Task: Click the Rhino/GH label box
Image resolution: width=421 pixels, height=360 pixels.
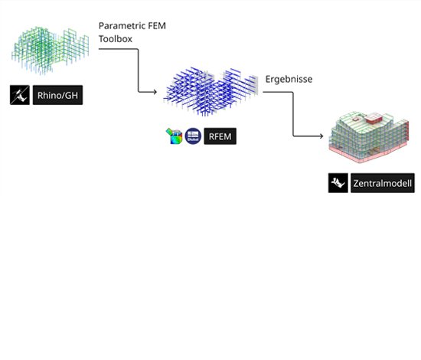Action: (x=57, y=95)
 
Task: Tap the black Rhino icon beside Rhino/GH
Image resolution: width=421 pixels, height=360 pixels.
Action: (x=20, y=95)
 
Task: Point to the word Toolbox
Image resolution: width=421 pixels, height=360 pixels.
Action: (x=116, y=39)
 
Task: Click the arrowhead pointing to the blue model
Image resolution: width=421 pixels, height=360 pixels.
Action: (x=155, y=92)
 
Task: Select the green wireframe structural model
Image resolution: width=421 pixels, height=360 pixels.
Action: (x=51, y=50)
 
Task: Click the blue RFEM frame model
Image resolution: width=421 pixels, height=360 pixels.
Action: (x=211, y=91)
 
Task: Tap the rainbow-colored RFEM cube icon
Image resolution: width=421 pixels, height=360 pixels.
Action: (x=174, y=136)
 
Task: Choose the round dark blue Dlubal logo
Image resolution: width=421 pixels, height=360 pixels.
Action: (x=193, y=136)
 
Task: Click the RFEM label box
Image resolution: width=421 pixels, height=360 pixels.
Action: (x=220, y=136)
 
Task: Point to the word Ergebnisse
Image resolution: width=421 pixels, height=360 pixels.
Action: (x=289, y=79)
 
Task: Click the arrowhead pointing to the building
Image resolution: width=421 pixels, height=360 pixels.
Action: (x=321, y=136)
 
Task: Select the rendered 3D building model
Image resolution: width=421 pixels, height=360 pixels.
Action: (x=369, y=137)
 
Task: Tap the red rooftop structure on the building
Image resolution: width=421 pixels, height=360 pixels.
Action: (x=374, y=119)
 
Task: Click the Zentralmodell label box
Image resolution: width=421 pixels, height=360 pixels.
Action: (x=383, y=183)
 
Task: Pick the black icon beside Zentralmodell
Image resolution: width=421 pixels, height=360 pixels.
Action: (x=338, y=183)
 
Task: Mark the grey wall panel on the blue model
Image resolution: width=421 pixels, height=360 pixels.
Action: (x=253, y=84)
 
